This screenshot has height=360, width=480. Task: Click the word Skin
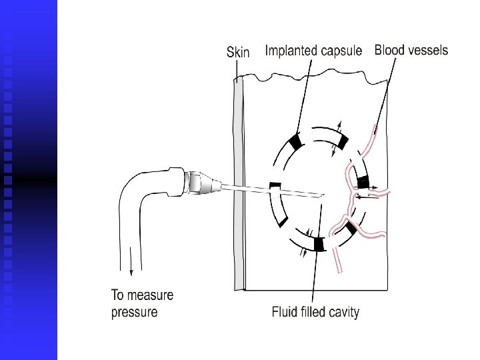point(238,52)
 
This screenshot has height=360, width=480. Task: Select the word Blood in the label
point(391,50)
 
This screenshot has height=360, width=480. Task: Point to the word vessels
point(429,50)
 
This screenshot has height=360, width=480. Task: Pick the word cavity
point(341,312)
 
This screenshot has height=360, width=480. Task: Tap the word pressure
point(135,312)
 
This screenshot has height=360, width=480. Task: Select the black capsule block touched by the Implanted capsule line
point(295,141)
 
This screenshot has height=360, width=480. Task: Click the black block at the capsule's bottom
point(319,245)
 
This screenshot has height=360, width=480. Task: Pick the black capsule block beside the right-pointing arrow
point(363,182)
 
